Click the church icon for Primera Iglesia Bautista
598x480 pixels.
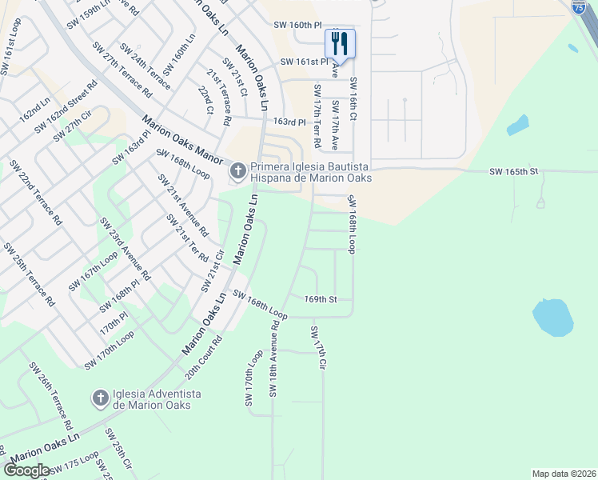(x=237, y=171)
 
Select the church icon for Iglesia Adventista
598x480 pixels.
(x=100, y=398)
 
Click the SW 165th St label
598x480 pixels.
(x=515, y=171)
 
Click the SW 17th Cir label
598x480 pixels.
(x=319, y=348)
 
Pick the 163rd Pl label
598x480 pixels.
(x=290, y=122)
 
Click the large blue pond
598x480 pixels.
(x=552, y=318)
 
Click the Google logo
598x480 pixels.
(x=26, y=470)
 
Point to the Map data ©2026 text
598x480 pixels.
(x=563, y=474)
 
